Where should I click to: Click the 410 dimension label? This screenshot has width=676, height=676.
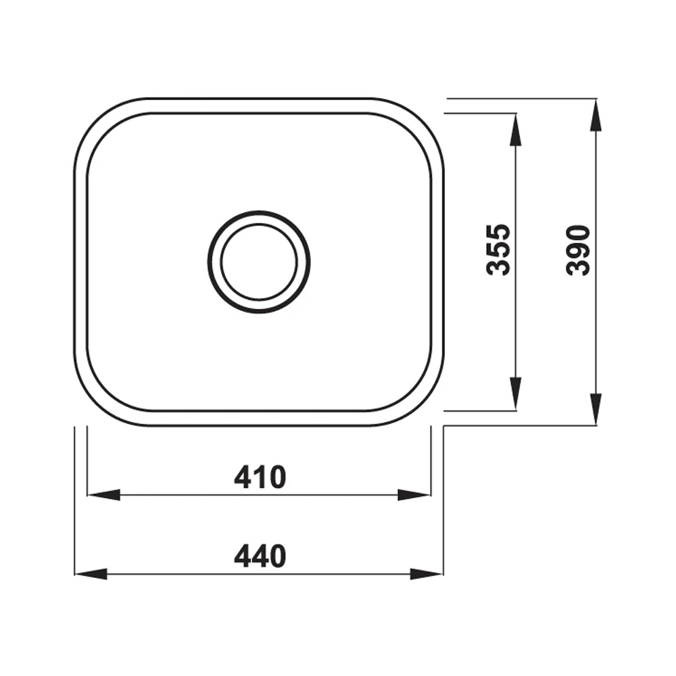click(260, 477)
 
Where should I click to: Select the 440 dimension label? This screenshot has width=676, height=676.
click(260, 556)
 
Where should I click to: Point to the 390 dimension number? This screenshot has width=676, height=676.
click(579, 250)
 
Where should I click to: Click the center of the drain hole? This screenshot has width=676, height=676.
click(259, 262)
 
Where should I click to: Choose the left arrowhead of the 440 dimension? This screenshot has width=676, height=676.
click(90, 574)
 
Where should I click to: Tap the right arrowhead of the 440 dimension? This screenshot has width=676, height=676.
click(427, 574)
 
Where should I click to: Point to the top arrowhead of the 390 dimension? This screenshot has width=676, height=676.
click(595, 116)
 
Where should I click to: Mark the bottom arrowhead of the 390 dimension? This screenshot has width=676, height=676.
click(595, 409)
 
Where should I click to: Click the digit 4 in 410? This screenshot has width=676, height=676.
click(243, 477)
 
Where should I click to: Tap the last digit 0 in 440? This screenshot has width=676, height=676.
click(277, 556)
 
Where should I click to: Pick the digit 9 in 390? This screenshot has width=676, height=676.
click(579, 250)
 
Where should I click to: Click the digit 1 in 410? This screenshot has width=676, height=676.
click(261, 477)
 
